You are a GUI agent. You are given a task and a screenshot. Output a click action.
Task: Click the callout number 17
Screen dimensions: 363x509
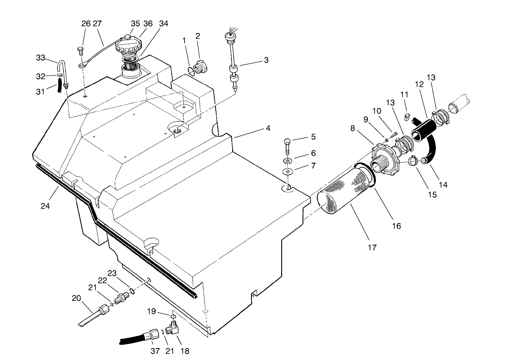(x=371, y=248)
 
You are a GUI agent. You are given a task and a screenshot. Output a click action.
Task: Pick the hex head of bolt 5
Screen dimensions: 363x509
(x=287, y=141)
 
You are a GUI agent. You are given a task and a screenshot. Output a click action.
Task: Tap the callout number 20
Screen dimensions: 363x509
(x=77, y=298)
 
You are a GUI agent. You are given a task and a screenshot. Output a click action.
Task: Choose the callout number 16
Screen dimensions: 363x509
(x=397, y=226)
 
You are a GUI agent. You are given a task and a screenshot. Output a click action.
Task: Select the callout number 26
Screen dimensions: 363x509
(x=86, y=24)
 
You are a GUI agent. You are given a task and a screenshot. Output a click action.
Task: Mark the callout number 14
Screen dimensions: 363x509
(x=443, y=185)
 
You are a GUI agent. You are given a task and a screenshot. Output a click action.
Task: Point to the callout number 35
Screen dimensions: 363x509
(x=135, y=24)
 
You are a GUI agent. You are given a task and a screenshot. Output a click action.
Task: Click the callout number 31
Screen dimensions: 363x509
(x=40, y=91)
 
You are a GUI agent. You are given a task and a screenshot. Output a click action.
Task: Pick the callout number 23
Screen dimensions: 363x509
(x=112, y=273)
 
